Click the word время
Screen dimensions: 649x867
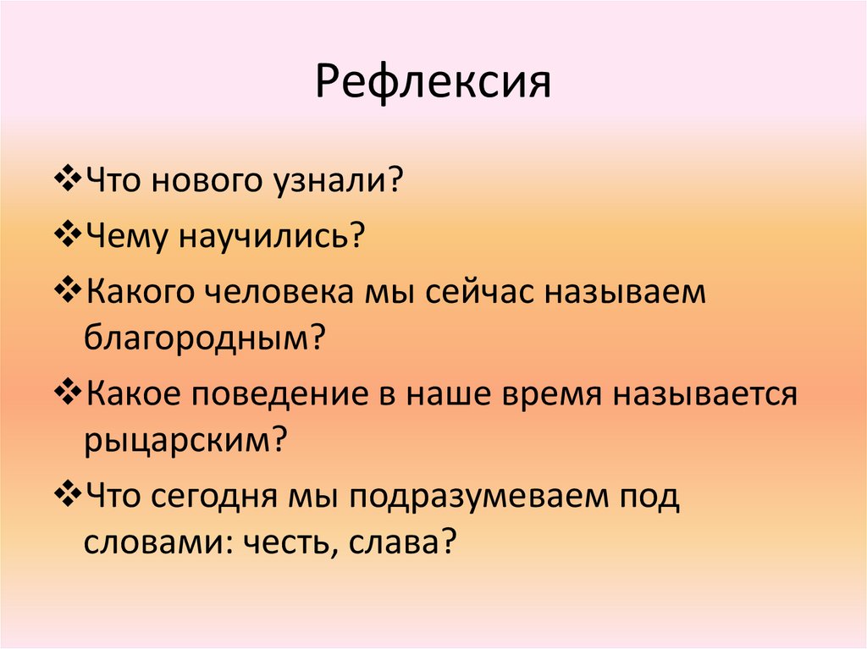click(x=542, y=394)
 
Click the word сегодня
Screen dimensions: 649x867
click(x=234, y=496)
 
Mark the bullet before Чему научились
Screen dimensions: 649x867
click(x=71, y=236)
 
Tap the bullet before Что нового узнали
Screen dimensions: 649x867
click(x=71, y=182)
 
